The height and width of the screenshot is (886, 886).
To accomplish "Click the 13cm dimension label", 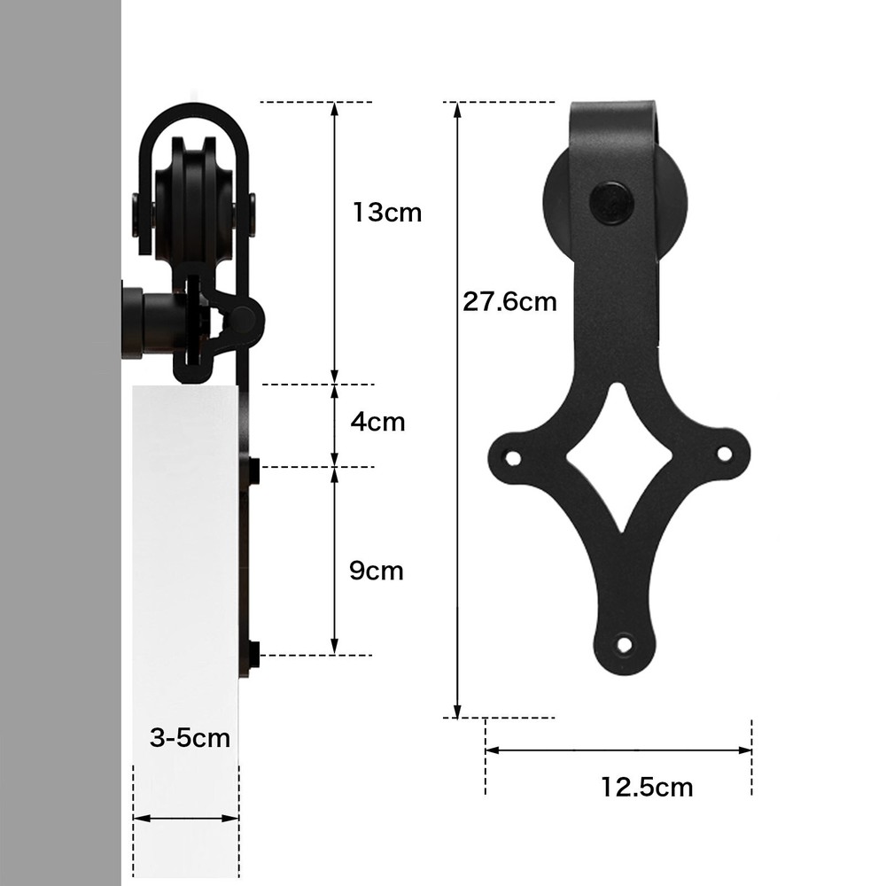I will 386,213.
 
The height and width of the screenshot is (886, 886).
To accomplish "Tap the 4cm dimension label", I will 377,422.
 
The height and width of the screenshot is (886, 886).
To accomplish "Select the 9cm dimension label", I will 376,571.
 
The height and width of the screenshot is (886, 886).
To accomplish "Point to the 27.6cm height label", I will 509,302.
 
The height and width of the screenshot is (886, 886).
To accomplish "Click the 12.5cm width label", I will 647,786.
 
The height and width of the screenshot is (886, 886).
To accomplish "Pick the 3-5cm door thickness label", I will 190,738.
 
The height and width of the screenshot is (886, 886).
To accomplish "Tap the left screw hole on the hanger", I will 512,457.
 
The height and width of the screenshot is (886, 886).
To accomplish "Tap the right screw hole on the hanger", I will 724,454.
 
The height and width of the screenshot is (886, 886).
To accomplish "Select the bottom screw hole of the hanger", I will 625,644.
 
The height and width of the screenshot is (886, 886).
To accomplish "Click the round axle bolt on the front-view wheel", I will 611,203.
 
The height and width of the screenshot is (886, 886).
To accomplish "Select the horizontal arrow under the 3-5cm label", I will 185,819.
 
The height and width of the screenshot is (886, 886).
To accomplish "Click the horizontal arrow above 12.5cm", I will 618,750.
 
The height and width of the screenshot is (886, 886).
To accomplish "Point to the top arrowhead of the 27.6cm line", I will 457,109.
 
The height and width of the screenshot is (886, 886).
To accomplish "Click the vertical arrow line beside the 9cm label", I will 334,561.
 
